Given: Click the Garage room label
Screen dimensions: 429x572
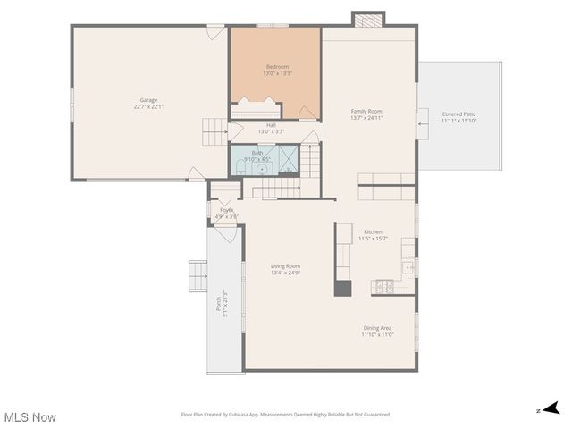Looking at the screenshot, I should coord(148,100).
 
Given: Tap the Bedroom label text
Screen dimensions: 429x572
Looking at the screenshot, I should coord(276,67).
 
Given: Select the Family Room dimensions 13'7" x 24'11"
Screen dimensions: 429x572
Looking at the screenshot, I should coord(366,118).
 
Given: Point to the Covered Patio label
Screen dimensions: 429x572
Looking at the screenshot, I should coord(459,114).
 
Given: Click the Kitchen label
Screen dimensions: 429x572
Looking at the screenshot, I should coord(373,231).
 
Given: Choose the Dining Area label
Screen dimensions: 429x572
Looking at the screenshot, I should coord(376,328).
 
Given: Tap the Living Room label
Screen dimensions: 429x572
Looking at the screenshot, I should coord(286,266).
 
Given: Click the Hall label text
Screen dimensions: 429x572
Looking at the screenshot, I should coord(271,125).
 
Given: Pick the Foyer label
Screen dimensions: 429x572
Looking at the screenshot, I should coord(227,210).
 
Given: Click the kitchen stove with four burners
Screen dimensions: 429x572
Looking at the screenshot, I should coord(385,287).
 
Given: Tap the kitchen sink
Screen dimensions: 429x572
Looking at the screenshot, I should coord(408,266).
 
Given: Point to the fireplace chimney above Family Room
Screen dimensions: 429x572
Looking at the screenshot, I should coord(367,20).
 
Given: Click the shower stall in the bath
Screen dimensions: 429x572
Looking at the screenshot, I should coord(288,159).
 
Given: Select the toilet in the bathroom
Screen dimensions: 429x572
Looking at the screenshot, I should coord(261,167).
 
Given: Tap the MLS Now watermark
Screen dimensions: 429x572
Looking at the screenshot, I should coord(30,417).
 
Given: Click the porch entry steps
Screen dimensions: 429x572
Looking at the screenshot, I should coord(198,276).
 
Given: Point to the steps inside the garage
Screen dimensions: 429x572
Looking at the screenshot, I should coord(216,131).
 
